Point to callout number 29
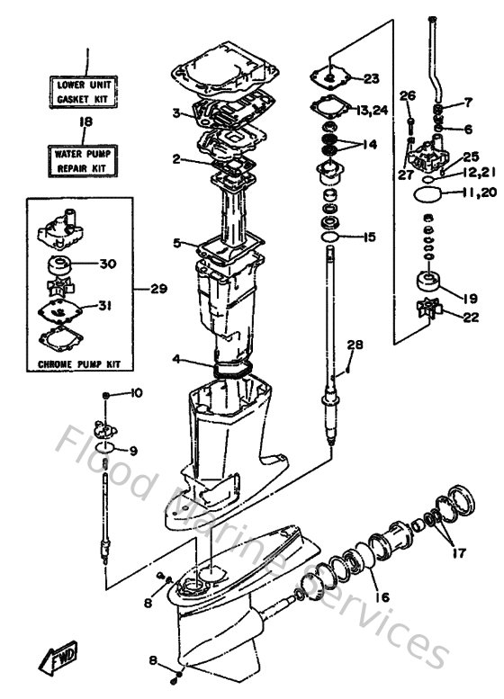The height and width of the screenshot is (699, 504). [x=158, y=289]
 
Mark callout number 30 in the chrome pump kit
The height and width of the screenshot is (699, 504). [x=108, y=264]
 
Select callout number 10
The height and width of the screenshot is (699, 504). [x=137, y=393]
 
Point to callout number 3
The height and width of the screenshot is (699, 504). [x=178, y=113]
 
